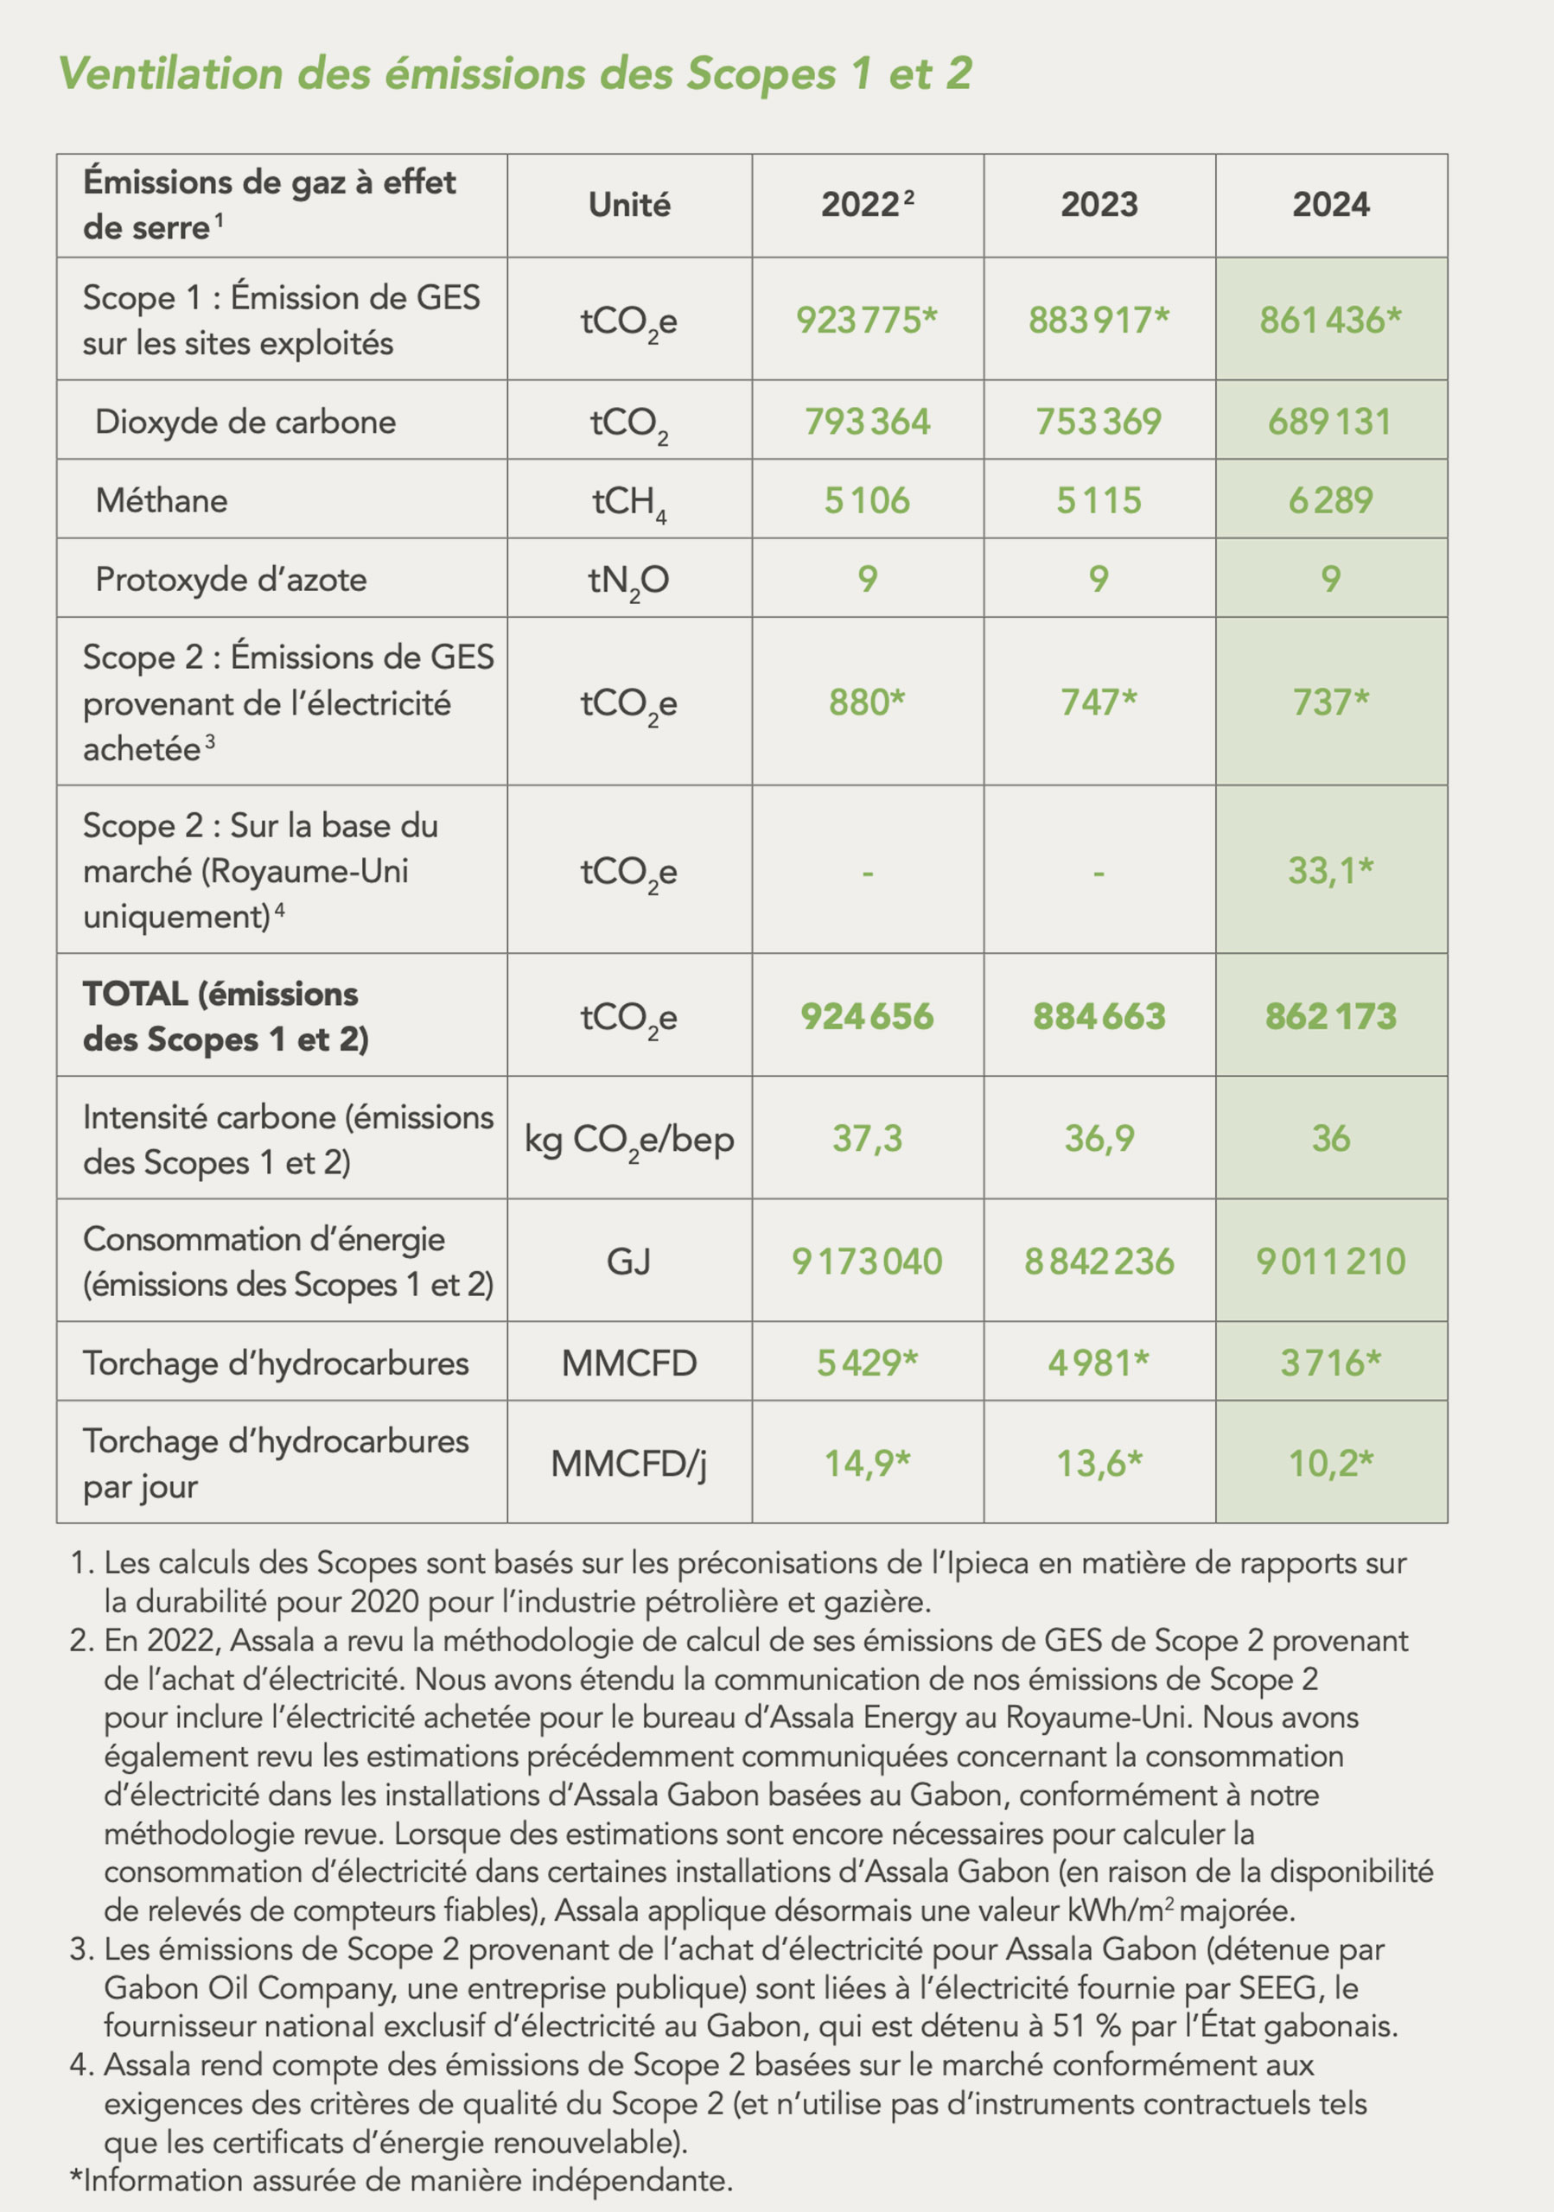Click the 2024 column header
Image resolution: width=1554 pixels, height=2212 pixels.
pos(1330,205)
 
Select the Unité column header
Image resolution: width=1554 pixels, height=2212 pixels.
pos(629,205)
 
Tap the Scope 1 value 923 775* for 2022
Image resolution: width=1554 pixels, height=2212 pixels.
pos(866,320)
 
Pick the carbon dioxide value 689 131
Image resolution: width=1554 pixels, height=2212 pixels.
pos(1329,422)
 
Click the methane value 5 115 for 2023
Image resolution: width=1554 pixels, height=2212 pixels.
pos(1099,501)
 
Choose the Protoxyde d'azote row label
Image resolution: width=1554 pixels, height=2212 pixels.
pos(232,580)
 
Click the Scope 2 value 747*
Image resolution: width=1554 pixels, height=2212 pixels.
pos(1099,702)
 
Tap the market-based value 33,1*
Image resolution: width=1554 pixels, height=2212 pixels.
pos(1330,871)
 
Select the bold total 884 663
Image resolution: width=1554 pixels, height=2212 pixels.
pos(1099,1016)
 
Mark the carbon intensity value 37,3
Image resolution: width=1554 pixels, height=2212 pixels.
pos(867,1139)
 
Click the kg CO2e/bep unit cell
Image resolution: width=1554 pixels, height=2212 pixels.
pos(629,1141)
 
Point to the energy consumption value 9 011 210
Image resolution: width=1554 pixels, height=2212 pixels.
pos(1330,1262)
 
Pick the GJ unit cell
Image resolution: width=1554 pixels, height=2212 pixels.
pos(629,1262)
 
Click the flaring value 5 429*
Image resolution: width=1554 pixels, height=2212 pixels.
pos(867,1363)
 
